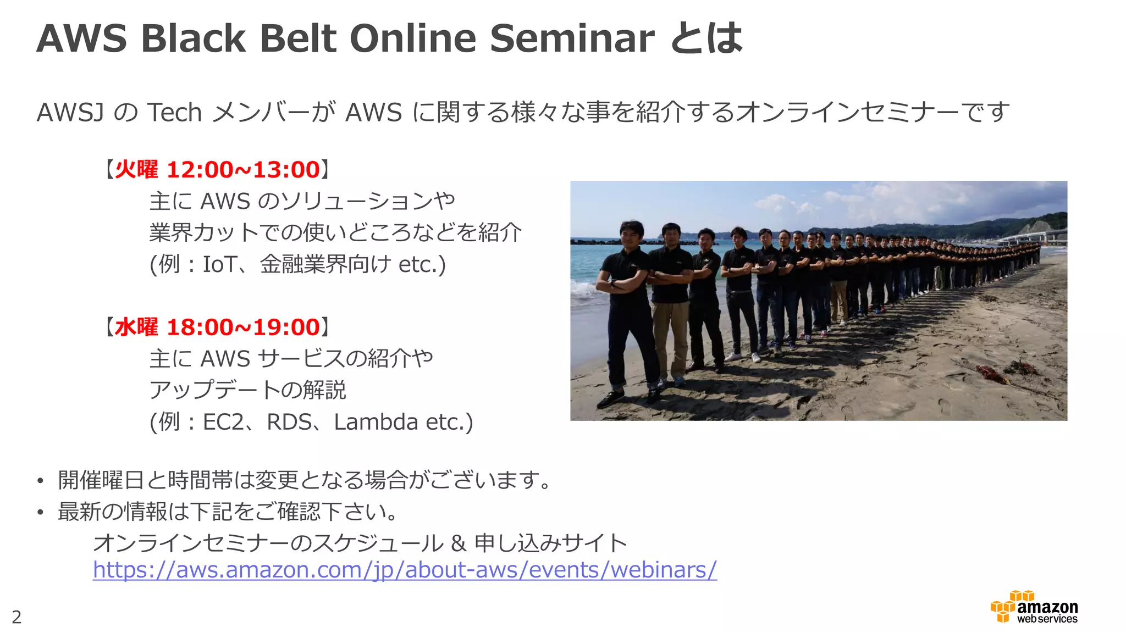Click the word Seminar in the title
tap(572, 38)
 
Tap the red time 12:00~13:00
tap(242, 170)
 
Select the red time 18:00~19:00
tap(242, 327)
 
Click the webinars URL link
tap(405, 570)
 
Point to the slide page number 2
tap(16, 617)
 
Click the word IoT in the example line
tap(219, 264)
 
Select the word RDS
tap(289, 422)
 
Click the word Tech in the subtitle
tap(175, 113)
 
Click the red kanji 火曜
tap(136, 170)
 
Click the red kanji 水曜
tap(136, 327)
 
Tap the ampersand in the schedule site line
tap(458, 543)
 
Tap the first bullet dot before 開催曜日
tap(40, 481)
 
